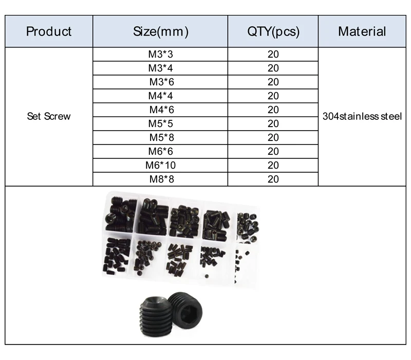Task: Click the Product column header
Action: click(x=49, y=31)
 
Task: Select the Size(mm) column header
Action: click(x=160, y=31)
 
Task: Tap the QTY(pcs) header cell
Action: click(x=273, y=31)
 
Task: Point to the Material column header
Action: click(x=362, y=31)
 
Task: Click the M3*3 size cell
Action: click(x=160, y=55)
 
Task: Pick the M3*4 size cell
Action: click(x=160, y=68)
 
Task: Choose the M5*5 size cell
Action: click(x=160, y=123)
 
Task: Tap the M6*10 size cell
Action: click(x=160, y=165)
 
